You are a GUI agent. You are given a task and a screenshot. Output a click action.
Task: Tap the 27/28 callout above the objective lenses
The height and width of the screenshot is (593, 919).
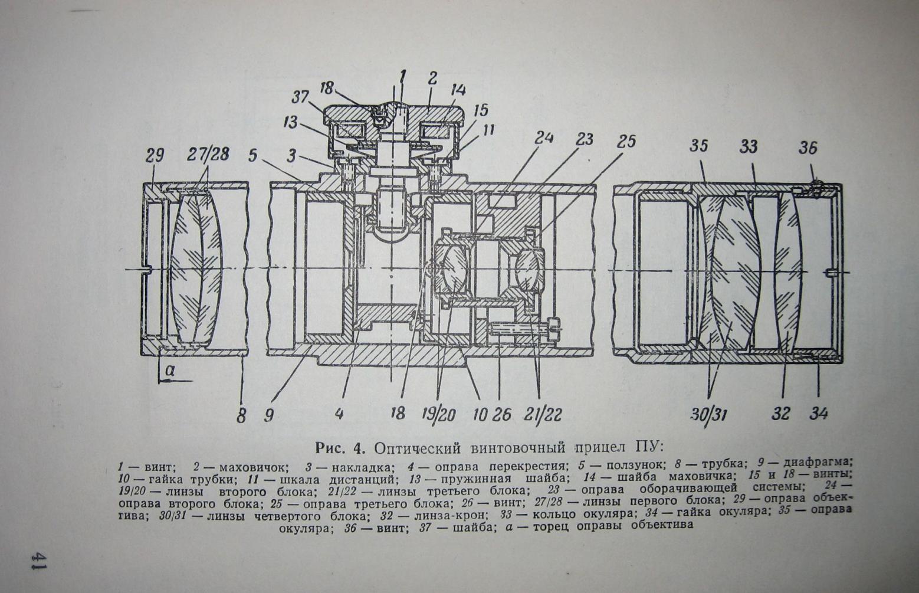(x=208, y=155)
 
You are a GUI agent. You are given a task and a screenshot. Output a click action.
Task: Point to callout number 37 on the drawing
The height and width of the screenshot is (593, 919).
(x=300, y=96)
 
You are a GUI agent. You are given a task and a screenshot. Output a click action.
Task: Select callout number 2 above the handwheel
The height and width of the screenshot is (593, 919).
(x=433, y=78)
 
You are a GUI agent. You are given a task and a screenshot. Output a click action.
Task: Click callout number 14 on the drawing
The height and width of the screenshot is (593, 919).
(x=458, y=90)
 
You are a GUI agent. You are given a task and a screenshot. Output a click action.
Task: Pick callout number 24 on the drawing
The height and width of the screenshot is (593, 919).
(x=544, y=138)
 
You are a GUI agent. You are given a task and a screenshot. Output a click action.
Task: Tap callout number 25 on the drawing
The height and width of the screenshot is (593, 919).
(x=626, y=142)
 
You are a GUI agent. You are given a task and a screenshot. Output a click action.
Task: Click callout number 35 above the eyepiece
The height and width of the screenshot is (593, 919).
(x=698, y=146)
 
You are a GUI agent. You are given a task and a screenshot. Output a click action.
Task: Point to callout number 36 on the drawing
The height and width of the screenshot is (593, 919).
(x=808, y=148)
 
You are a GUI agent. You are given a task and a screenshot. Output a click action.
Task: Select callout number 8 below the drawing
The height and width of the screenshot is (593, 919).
(x=241, y=416)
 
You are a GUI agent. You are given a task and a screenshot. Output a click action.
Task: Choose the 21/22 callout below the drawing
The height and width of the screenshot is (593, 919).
(x=543, y=414)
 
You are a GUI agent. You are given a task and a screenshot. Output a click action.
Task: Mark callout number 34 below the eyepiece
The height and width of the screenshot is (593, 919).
(x=818, y=413)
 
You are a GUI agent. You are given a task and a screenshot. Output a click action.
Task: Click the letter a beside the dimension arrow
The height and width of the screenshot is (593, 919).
(x=170, y=371)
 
